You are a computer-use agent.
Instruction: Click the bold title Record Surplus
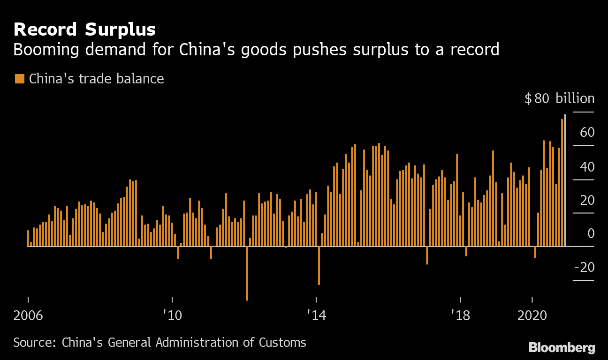coord(84,30)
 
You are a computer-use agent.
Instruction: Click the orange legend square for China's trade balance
coord(19,78)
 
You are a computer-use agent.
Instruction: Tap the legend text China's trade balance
coord(96,78)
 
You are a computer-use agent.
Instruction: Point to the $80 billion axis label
coord(559,98)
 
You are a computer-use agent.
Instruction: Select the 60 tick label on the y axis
coord(587,133)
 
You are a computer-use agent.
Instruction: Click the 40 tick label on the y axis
coord(587,166)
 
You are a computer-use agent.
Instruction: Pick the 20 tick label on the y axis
coord(587,200)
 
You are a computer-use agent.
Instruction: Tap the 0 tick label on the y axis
coord(590,233)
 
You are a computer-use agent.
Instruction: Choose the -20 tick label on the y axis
coord(585,267)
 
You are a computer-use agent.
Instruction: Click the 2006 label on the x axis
coord(28,315)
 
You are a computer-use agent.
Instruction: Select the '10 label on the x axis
coord(172,315)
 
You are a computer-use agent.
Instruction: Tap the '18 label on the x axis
coord(460,315)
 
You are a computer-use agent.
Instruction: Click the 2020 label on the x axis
coord(532,315)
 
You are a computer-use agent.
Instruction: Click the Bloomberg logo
coord(562,347)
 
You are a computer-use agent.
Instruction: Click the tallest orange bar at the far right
coord(562,183)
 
